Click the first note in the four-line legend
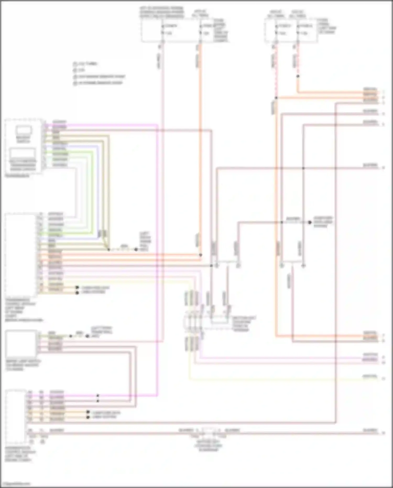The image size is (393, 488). pos(85,64)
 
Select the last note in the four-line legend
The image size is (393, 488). pos(98,83)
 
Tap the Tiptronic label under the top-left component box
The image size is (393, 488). pos(17,176)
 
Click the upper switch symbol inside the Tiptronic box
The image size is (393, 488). pos(24,130)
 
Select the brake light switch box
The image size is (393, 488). pos(21,344)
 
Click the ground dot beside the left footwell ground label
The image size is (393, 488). pos(136,250)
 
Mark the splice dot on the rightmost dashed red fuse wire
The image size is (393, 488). pos(298,76)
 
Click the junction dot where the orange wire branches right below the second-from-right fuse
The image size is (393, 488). pos(276,98)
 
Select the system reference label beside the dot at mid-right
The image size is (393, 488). pos(323,222)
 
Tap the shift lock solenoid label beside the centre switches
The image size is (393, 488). pos(244,324)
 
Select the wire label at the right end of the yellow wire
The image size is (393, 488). pos(370,376)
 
